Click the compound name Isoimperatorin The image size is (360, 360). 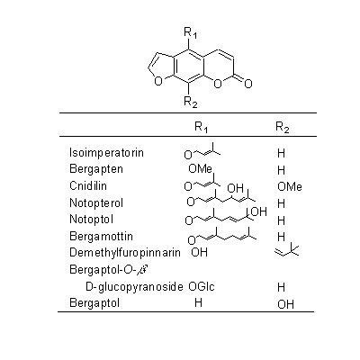click(x=106, y=153)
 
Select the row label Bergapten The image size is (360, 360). click(x=96, y=169)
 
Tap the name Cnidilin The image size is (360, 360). click(x=88, y=185)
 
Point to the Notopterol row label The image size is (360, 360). click(x=96, y=202)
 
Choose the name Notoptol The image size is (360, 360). click(x=92, y=220)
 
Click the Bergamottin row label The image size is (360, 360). click(x=101, y=236)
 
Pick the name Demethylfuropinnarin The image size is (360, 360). click(x=125, y=252)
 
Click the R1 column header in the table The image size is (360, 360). click(x=201, y=127)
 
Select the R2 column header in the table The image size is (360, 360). click(x=283, y=127)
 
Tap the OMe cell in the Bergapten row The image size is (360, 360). click(x=201, y=169)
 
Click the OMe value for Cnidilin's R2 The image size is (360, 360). click(x=290, y=186)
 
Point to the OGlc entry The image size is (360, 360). click(x=202, y=286)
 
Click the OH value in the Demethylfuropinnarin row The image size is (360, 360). click(x=199, y=252)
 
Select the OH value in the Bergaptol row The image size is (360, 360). click(x=285, y=304)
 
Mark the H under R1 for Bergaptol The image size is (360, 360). click(x=198, y=302)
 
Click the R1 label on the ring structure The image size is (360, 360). click(x=190, y=32)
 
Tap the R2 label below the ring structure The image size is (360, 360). click(x=191, y=102)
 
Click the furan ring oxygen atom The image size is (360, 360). click(x=158, y=81)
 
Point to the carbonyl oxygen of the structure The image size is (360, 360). click(x=247, y=84)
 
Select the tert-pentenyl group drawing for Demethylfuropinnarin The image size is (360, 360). click(x=286, y=251)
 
